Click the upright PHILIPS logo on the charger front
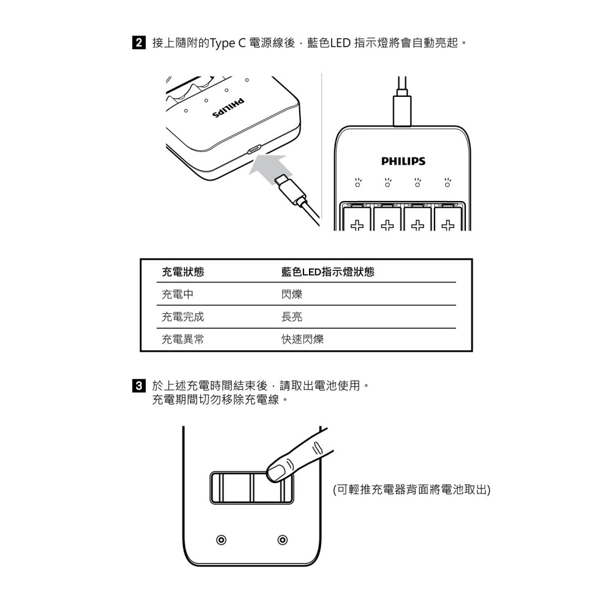click(x=403, y=161)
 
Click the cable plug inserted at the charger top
click(x=402, y=109)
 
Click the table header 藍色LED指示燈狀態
click(x=327, y=272)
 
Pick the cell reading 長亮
click(x=292, y=317)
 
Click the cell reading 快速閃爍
click(x=302, y=340)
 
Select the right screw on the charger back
click(x=282, y=540)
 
